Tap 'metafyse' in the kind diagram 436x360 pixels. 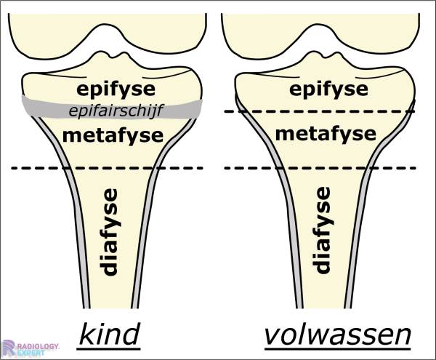(108, 135)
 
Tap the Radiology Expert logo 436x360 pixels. (29, 348)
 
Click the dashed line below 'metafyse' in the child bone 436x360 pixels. (44, 168)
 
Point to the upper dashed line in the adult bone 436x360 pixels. (254, 111)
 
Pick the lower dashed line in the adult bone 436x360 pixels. (254, 168)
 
